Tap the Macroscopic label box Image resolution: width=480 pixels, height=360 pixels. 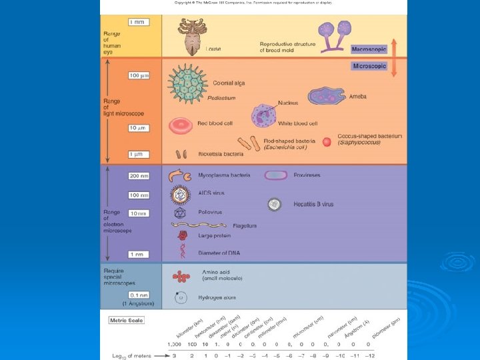click(x=369, y=49)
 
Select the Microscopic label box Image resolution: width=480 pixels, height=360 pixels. click(x=369, y=66)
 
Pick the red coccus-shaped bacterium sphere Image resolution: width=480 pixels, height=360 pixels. click(x=327, y=141)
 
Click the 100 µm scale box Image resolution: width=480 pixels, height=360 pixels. click(x=139, y=75)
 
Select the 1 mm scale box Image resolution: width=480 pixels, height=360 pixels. click(x=137, y=22)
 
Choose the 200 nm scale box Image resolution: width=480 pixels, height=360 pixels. click(x=139, y=176)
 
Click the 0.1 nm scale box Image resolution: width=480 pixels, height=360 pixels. click(x=139, y=294)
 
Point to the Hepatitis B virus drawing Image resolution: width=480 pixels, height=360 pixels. click(x=275, y=205)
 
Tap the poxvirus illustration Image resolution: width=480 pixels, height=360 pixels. click(x=275, y=175)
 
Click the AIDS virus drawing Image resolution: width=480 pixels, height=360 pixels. click(x=180, y=195)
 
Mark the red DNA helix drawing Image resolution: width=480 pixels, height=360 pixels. click(x=181, y=251)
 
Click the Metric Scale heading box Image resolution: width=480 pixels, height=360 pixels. click(x=127, y=320)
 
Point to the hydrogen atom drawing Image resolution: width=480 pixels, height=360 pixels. click(x=180, y=297)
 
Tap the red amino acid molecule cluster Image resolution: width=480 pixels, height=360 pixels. click(x=181, y=276)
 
